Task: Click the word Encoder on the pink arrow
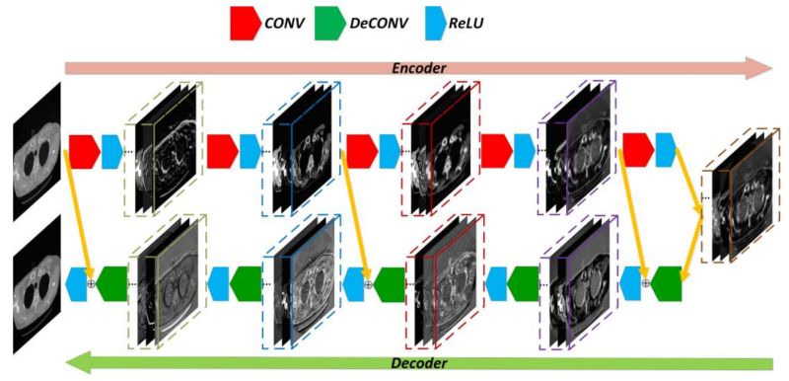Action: tap(419, 68)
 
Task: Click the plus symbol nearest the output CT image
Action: tap(92, 283)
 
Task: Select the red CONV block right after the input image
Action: tap(83, 150)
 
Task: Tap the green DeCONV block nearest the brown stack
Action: tap(667, 282)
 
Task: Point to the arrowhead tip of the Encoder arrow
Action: tap(772, 68)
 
